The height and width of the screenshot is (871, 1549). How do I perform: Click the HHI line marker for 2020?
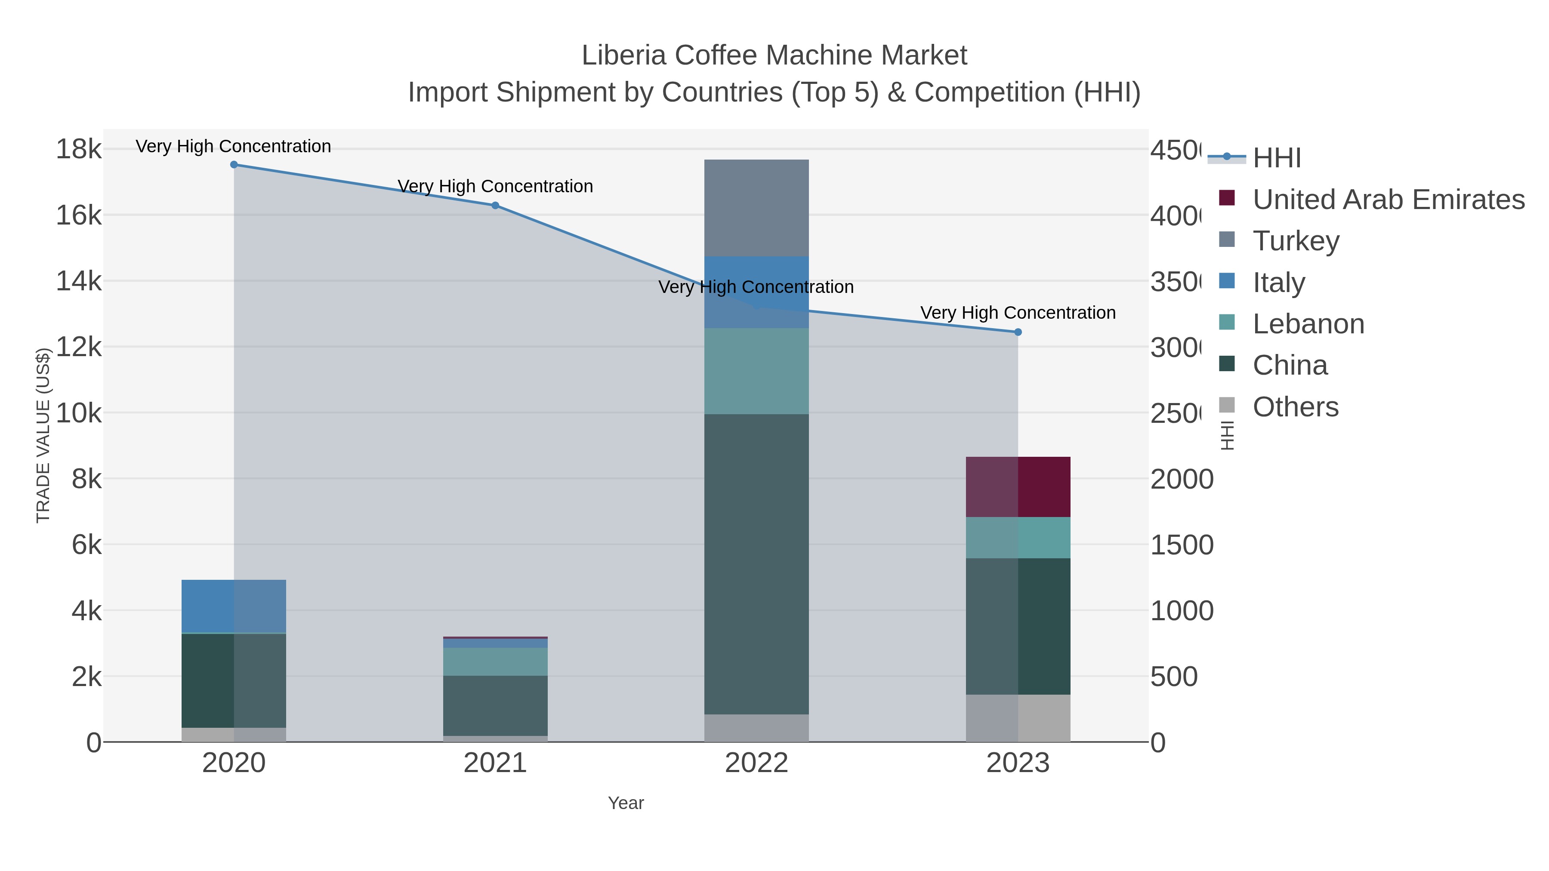click(234, 165)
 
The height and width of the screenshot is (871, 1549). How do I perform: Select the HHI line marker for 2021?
click(495, 206)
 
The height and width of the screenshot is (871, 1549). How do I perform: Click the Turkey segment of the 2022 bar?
click(756, 208)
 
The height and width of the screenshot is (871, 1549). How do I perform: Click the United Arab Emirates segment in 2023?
click(1018, 487)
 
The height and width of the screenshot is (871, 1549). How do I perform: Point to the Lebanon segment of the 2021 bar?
click(495, 661)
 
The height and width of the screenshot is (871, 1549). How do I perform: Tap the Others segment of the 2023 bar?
click(1018, 718)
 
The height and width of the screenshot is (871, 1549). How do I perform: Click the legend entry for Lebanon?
click(1308, 324)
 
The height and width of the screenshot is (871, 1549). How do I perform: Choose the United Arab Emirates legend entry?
click(1388, 200)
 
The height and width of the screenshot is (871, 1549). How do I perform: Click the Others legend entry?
click(1295, 407)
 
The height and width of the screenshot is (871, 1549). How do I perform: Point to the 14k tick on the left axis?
click(79, 281)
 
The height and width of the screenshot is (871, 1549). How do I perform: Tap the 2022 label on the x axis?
click(756, 763)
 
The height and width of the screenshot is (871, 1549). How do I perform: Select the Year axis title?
click(625, 803)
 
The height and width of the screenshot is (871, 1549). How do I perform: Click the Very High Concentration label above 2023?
click(1018, 313)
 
